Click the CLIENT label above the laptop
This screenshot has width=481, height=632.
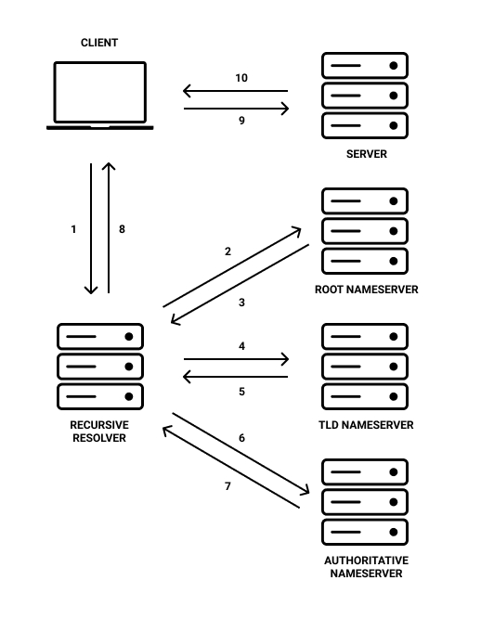[x=99, y=43]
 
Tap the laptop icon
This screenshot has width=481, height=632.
[x=100, y=95]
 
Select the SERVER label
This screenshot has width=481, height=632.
[x=365, y=154]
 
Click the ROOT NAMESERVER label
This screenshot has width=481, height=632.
[x=366, y=290]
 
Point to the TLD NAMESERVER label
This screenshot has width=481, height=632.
[x=366, y=425]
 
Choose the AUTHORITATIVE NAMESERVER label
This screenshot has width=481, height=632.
[x=366, y=567]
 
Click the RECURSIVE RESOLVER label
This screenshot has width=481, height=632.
[x=100, y=432]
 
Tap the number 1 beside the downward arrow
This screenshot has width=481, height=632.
[x=73, y=229]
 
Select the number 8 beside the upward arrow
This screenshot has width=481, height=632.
[x=122, y=229]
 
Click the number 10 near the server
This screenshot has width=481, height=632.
[x=241, y=78]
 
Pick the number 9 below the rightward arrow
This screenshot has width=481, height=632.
[x=241, y=121]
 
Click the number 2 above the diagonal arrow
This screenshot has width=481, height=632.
[x=227, y=252]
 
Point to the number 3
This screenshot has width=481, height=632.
[x=241, y=303]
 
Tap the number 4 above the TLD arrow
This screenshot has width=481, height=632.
[x=241, y=346]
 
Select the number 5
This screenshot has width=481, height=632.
[x=241, y=392]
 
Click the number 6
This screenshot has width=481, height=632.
[x=241, y=437]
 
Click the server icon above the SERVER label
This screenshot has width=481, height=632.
[x=365, y=96]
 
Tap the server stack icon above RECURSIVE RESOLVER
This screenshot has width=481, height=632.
[x=100, y=366]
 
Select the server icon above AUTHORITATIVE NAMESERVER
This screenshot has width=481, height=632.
[x=365, y=502]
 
